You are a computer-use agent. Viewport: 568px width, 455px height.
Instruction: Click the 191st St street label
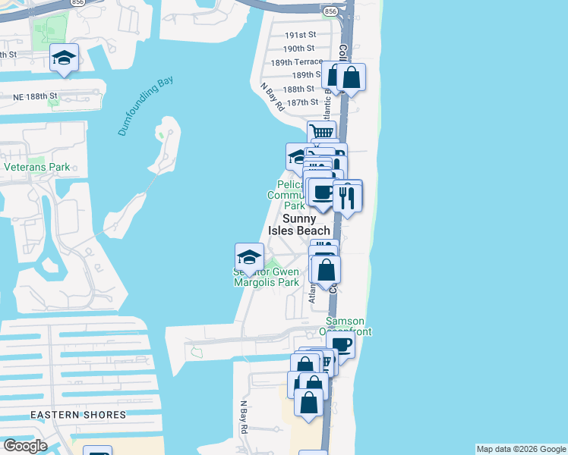point(300,36)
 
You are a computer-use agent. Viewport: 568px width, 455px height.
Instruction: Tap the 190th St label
point(300,48)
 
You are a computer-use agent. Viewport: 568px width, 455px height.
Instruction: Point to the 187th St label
point(302,102)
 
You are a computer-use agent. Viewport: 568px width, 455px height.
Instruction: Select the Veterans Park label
point(36,167)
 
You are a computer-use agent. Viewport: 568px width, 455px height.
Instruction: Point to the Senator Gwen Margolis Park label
point(266,277)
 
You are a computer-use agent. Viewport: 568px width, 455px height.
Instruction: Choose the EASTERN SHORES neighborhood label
point(78,415)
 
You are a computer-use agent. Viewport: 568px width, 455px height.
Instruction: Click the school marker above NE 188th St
point(65,58)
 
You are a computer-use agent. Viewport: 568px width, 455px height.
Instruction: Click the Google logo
point(25,446)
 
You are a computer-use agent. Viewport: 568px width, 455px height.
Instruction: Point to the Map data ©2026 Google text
point(521,449)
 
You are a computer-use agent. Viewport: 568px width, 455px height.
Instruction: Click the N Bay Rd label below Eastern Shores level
point(245,417)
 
